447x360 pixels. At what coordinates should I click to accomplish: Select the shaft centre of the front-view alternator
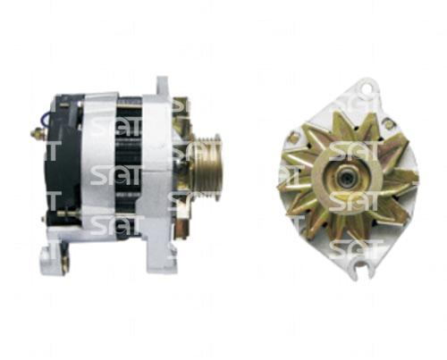[x=347, y=177]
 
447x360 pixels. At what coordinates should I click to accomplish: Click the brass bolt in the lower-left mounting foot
[x=65, y=264]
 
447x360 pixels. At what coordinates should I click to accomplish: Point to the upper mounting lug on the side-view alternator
[x=163, y=87]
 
